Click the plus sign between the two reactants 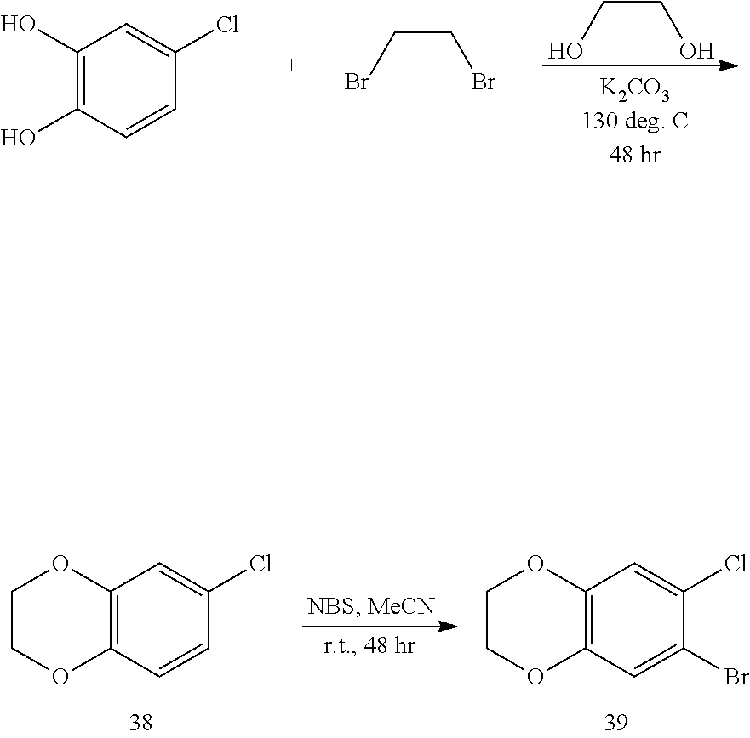click(291, 65)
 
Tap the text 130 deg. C click(634, 121)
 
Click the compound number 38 click(140, 722)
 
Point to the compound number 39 click(615, 722)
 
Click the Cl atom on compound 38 click(260, 563)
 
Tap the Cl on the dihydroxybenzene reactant click(226, 24)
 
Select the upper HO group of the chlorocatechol click(19, 24)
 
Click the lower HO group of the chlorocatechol click(19, 139)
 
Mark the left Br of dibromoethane click(356, 82)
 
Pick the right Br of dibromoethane click(484, 82)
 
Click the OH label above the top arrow click(696, 52)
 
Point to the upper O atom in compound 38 click(60, 563)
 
